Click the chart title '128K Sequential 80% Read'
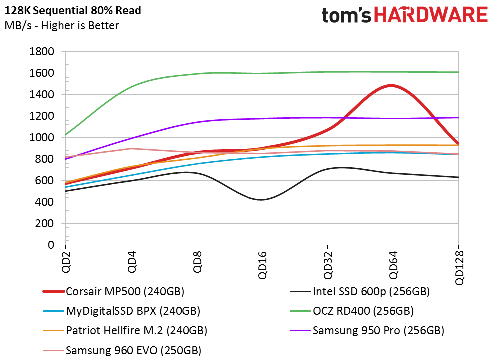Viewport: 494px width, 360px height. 73,10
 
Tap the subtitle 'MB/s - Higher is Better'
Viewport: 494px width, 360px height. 62,25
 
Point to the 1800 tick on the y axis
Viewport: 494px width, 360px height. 42,52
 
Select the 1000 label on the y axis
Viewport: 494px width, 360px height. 42,138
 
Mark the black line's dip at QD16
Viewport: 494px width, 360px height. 262,200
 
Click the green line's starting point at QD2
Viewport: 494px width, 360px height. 65,135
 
